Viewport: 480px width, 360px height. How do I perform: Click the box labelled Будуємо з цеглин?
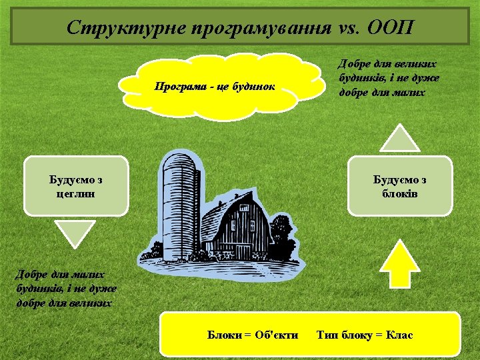[x=76, y=186]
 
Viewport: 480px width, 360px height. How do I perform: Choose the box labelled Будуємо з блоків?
[x=399, y=186]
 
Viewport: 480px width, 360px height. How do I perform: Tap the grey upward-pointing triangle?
[x=400, y=139]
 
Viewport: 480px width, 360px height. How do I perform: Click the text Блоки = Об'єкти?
[x=253, y=334]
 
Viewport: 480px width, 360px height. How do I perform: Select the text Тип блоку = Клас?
[x=365, y=334]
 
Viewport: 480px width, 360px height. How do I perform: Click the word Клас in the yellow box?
[x=399, y=334]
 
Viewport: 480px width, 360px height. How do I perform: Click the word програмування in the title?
[x=257, y=28]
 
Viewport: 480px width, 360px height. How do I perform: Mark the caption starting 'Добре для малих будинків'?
[x=66, y=288]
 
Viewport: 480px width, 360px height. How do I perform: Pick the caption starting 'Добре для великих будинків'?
[x=389, y=78]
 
